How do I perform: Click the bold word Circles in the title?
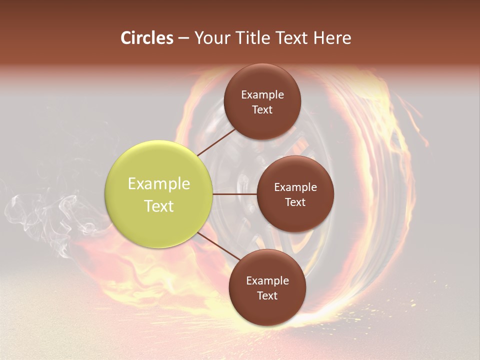click(x=147, y=38)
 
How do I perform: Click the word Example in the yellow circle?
click(x=159, y=184)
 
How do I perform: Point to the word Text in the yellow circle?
click(x=159, y=206)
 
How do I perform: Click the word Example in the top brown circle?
click(x=262, y=95)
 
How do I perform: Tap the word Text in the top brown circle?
click(x=262, y=109)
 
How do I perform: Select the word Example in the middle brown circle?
click(x=295, y=187)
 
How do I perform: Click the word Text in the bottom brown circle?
click(x=267, y=295)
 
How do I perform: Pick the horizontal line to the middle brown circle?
click(x=235, y=194)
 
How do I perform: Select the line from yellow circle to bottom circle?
click(x=219, y=247)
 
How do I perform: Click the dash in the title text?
click(x=183, y=38)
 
